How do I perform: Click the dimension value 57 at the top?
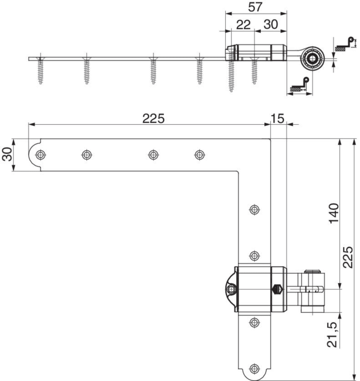pos(255,7)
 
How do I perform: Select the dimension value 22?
pos(243,25)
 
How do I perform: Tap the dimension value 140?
pos(334,213)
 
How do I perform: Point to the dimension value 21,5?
pos(332,335)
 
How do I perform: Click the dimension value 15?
pos(277,119)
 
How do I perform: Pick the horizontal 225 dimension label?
pos(153,119)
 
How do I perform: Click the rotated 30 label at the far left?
pos(7,154)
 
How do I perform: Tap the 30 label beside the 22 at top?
pos(270,25)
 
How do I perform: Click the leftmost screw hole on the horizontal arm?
pos(40,154)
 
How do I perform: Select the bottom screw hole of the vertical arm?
pos(254,369)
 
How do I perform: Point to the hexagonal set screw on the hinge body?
pos(277,290)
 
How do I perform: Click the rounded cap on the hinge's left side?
pos(230,290)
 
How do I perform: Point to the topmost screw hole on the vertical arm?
pos(254,209)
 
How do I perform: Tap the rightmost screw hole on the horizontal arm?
pos(200,154)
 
